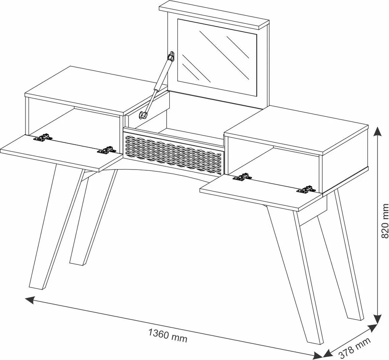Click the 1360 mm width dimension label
[167, 335]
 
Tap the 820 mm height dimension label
[384, 221]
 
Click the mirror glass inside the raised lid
[217, 58]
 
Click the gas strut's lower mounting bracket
[143, 115]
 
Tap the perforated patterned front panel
[174, 154]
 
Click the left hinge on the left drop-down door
[43, 137]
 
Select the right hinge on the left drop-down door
[106, 150]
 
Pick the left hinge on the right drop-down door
[243, 177]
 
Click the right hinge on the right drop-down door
[306, 189]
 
